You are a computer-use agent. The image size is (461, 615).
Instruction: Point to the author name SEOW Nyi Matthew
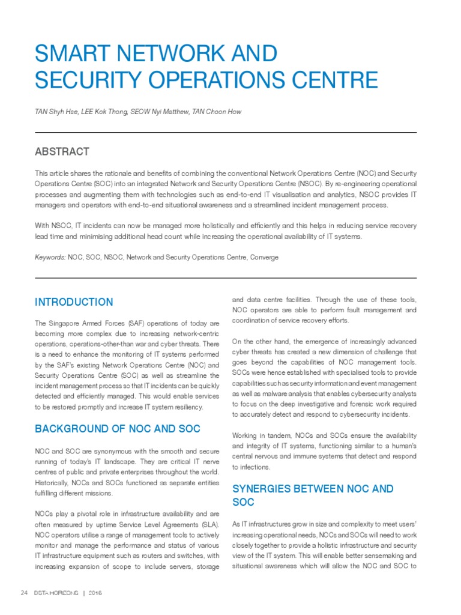point(157,112)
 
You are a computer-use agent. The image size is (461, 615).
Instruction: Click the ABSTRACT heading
point(62,151)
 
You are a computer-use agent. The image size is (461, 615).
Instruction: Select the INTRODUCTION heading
point(74,302)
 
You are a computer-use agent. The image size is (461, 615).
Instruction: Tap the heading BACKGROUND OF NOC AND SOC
point(118,429)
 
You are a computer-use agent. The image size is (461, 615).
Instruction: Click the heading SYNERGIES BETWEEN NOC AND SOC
point(312,489)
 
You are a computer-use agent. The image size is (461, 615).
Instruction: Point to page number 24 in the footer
point(24,593)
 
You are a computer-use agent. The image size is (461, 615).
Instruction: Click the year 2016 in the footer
point(95,593)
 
